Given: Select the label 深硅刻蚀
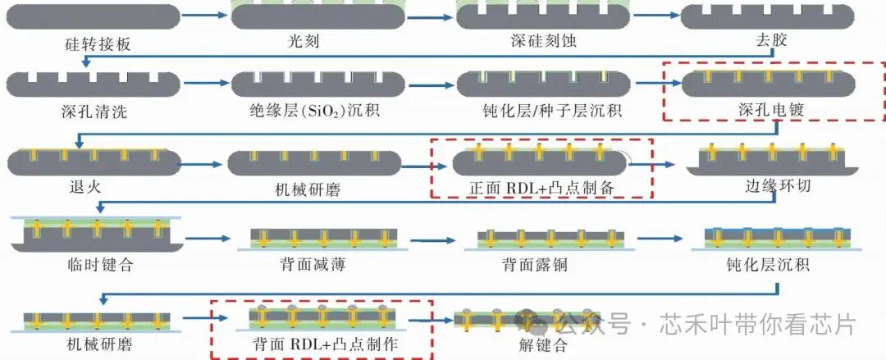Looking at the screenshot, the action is click(x=543, y=40).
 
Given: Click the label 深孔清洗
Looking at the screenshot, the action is click(x=94, y=111).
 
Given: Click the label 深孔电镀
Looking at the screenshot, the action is click(x=771, y=110).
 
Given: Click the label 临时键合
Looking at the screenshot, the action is click(x=99, y=263).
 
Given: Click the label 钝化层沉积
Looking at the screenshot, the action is click(x=769, y=263).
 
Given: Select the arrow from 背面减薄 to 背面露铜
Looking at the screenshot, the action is click(x=433, y=240).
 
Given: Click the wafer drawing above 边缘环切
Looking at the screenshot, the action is click(x=772, y=161).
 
